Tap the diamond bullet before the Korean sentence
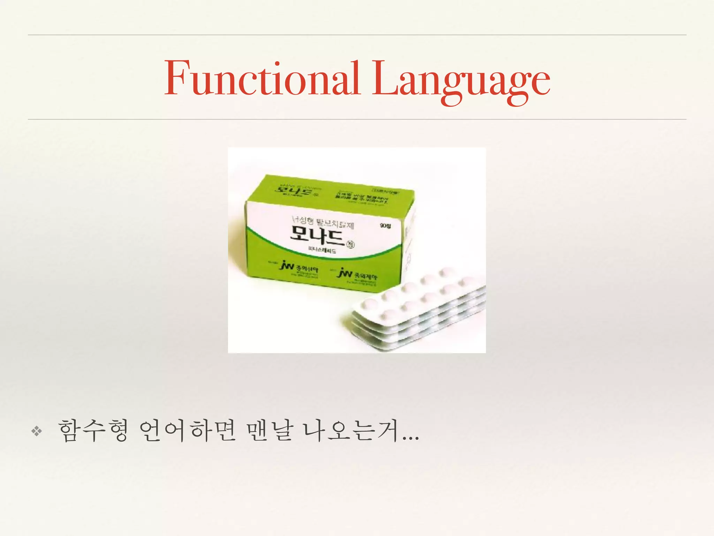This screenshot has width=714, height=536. click(37, 432)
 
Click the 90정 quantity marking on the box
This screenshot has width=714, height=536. click(385, 226)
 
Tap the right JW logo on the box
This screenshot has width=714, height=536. click(345, 273)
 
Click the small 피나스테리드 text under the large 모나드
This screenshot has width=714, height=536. click(322, 251)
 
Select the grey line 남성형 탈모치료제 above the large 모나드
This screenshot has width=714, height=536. click(322, 222)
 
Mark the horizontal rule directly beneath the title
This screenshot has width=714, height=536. click(357, 119)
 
